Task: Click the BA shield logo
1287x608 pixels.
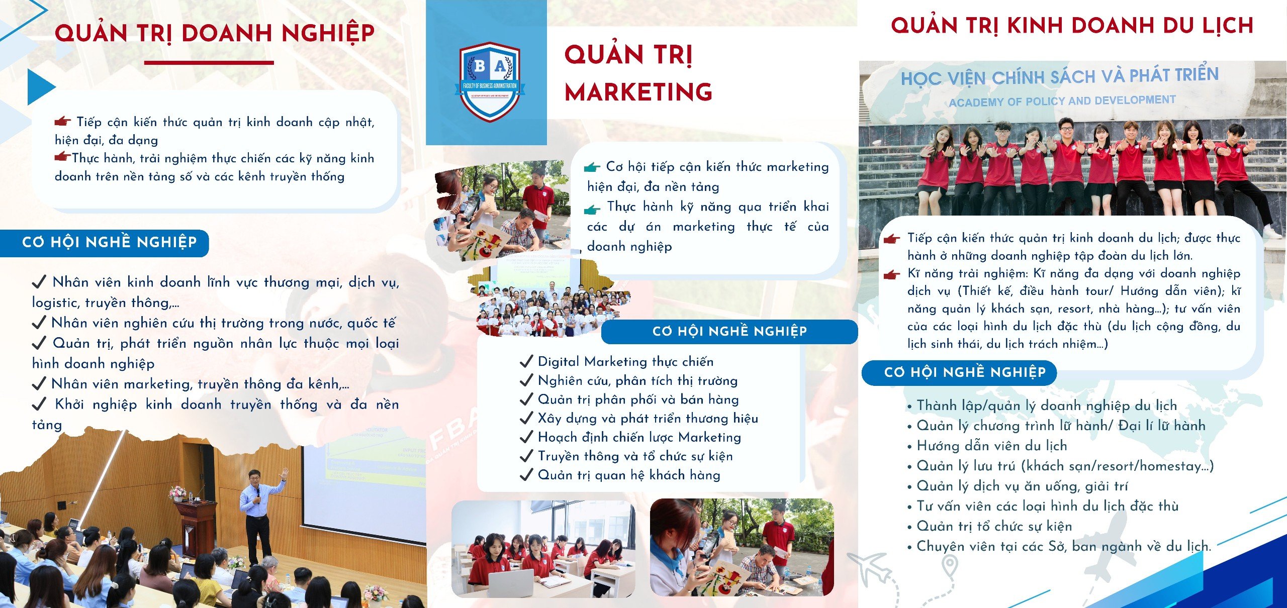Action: pos(490,81)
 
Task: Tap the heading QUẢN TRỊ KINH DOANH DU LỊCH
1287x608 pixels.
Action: pos(1072,26)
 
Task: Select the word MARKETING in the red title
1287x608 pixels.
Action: pos(638,92)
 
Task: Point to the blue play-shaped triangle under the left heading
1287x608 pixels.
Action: pos(41,86)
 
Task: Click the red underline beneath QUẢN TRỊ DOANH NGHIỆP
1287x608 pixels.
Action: pos(209,63)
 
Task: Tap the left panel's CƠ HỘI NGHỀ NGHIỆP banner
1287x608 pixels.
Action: pos(104,243)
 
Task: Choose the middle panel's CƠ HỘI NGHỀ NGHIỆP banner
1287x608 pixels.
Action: pos(729,332)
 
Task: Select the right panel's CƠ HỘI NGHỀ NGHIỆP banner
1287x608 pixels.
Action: pos(959,373)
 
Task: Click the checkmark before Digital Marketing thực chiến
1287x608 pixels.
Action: pos(526,361)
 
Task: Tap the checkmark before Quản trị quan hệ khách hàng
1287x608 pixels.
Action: pos(526,475)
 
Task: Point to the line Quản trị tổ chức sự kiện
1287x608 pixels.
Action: pos(990,527)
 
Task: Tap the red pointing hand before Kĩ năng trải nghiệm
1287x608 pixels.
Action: pos(892,274)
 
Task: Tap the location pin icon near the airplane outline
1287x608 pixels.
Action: pos(949,567)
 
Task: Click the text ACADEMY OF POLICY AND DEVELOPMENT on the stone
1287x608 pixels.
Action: pos(1062,101)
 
